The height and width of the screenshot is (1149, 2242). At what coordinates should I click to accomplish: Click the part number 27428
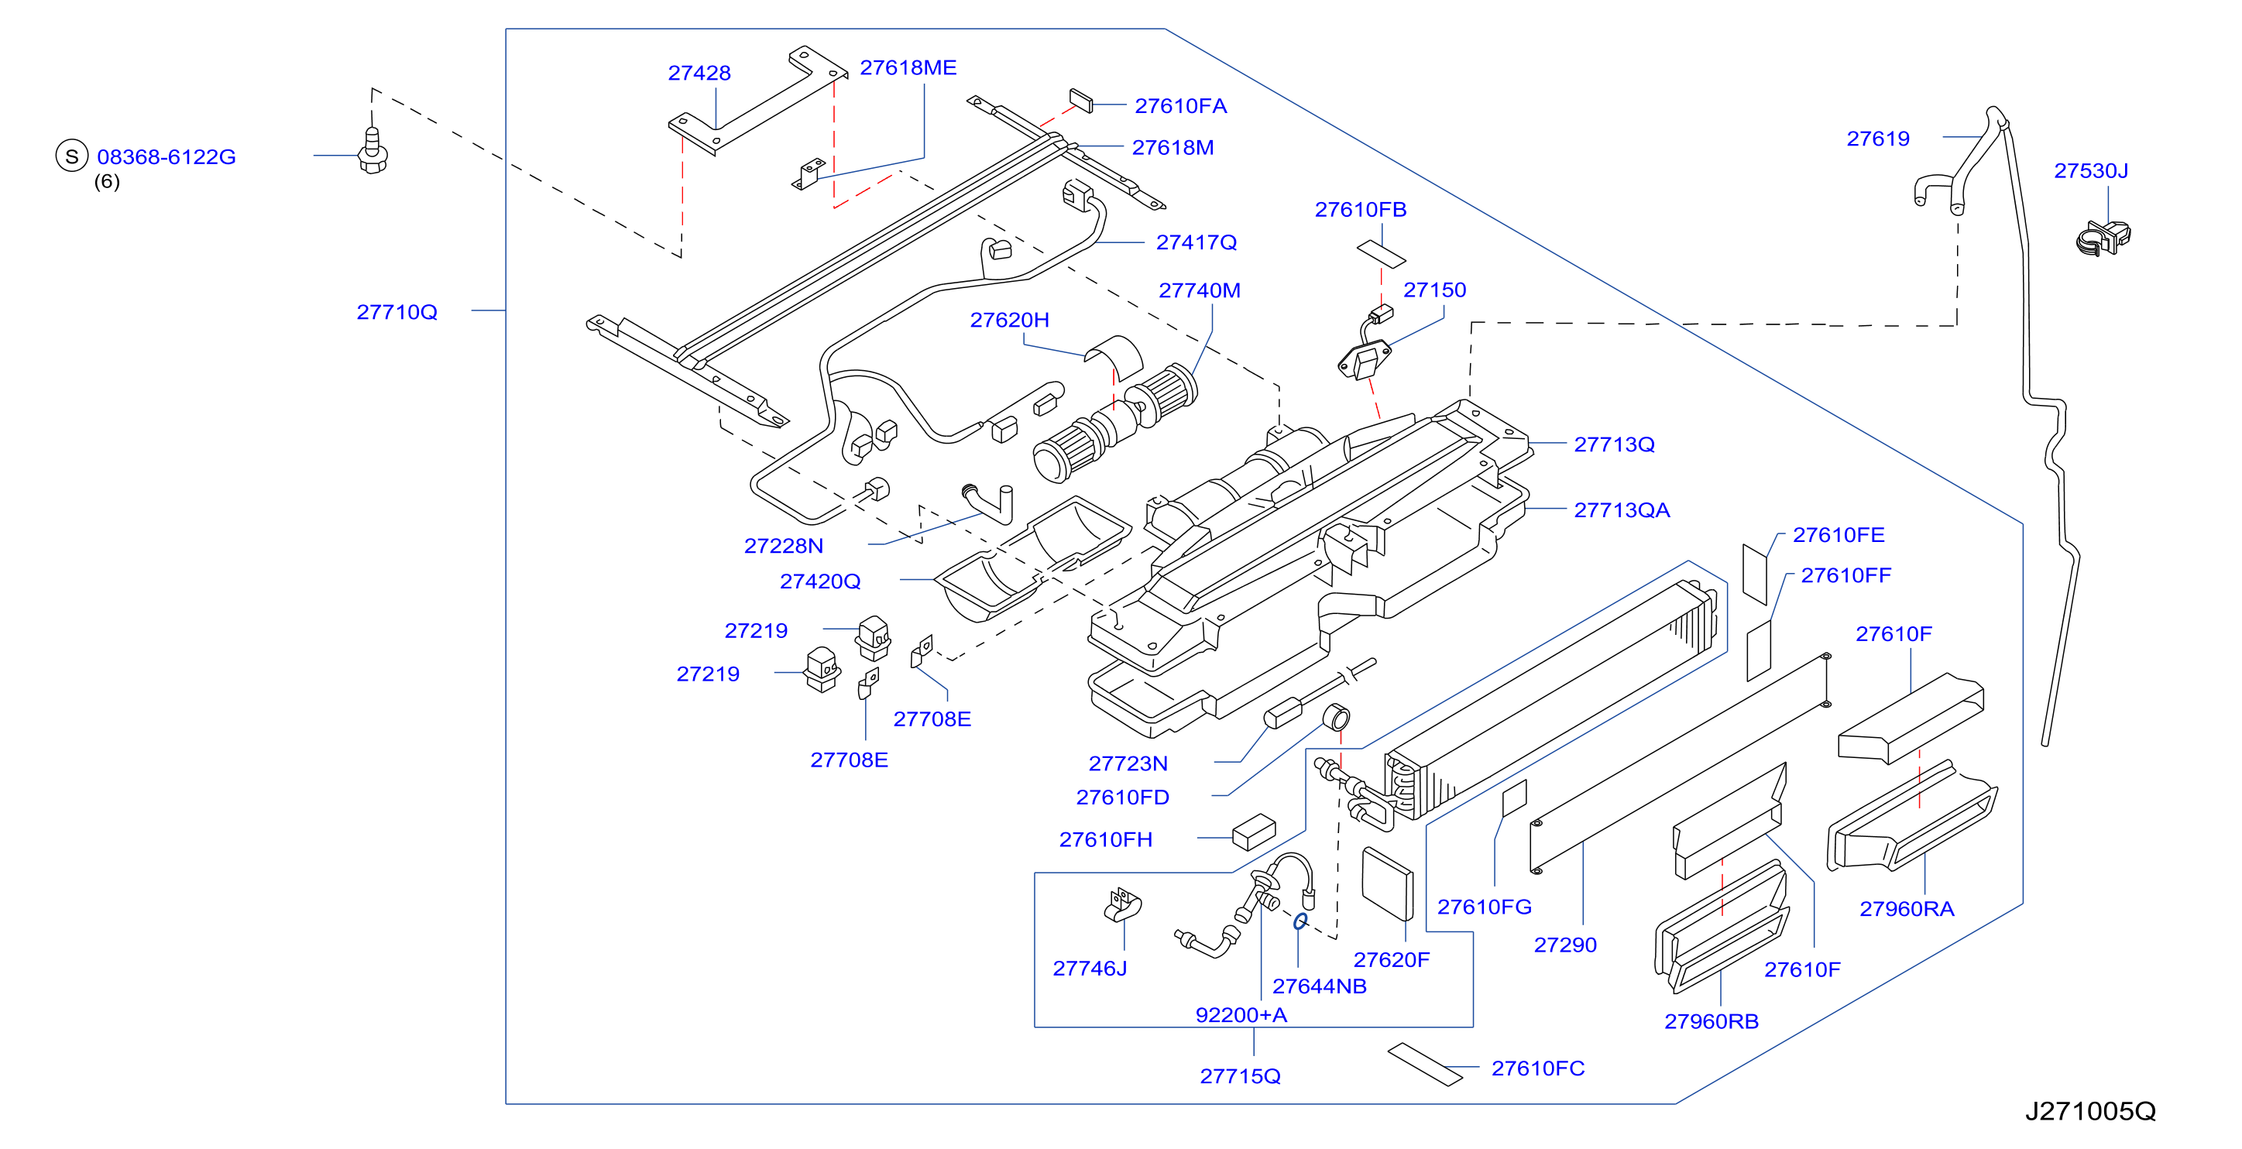pyautogui.click(x=699, y=73)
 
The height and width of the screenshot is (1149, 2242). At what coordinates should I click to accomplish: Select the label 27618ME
pyautogui.click(x=908, y=68)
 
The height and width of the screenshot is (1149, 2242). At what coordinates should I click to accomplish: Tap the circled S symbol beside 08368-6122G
pyautogui.click(x=71, y=156)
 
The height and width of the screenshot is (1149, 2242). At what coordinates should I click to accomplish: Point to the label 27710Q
pyautogui.click(x=397, y=311)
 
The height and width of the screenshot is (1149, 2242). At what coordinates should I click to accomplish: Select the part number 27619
pyautogui.click(x=1878, y=139)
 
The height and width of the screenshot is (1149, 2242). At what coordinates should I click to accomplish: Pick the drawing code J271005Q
pyautogui.click(x=2090, y=1111)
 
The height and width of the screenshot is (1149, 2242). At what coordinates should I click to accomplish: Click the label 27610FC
pyautogui.click(x=1538, y=1068)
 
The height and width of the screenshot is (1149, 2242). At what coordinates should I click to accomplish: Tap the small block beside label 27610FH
pyautogui.click(x=1254, y=832)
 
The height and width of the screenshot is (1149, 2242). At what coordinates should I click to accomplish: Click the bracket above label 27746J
pyautogui.click(x=1123, y=905)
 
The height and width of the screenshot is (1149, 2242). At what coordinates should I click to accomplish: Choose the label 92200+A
pyautogui.click(x=1241, y=1015)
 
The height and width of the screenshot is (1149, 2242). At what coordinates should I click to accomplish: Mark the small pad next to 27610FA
pyautogui.click(x=1081, y=100)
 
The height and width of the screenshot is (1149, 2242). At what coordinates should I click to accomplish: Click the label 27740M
pyautogui.click(x=1200, y=290)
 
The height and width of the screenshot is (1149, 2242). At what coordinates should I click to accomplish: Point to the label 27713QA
pyautogui.click(x=1622, y=510)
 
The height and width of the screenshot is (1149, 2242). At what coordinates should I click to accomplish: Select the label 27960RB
pyautogui.click(x=1711, y=1021)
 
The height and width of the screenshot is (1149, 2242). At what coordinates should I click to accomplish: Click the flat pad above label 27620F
pyautogui.click(x=1387, y=883)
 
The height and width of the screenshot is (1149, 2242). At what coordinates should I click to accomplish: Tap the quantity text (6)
pyautogui.click(x=107, y=181)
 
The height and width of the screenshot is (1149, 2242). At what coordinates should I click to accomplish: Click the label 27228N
pyautogui.click(x=783, y=546)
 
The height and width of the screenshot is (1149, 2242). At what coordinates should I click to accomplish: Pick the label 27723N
pyautogui.click(x=1128, y=763)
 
